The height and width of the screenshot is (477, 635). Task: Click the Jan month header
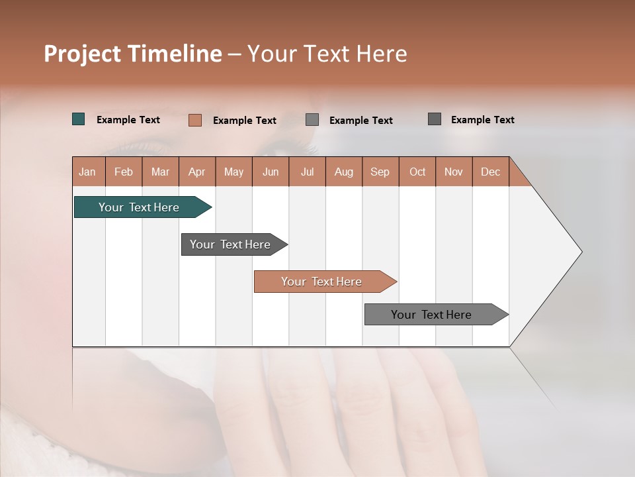coord(88,172)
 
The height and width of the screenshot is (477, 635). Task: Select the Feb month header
coord(124,172)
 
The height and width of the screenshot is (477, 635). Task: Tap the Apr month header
coord(197,172)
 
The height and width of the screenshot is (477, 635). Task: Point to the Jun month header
coord(271,172)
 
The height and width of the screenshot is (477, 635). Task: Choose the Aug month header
coord(344,172)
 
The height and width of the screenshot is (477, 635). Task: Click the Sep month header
coord(380,172)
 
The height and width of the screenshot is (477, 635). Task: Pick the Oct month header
coord(417,172)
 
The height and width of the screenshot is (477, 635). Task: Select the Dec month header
coord(491,172)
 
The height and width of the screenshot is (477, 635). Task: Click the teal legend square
coord(79,119)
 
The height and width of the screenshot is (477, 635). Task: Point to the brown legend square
coord(195,120)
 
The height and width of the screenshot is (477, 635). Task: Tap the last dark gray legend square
coord(435,119)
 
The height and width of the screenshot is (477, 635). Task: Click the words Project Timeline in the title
coord(133,54)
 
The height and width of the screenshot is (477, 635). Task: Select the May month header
coord(233,172)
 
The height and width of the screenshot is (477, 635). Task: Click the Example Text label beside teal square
coord(128,120)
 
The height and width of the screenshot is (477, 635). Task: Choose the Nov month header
coord(454,172)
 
